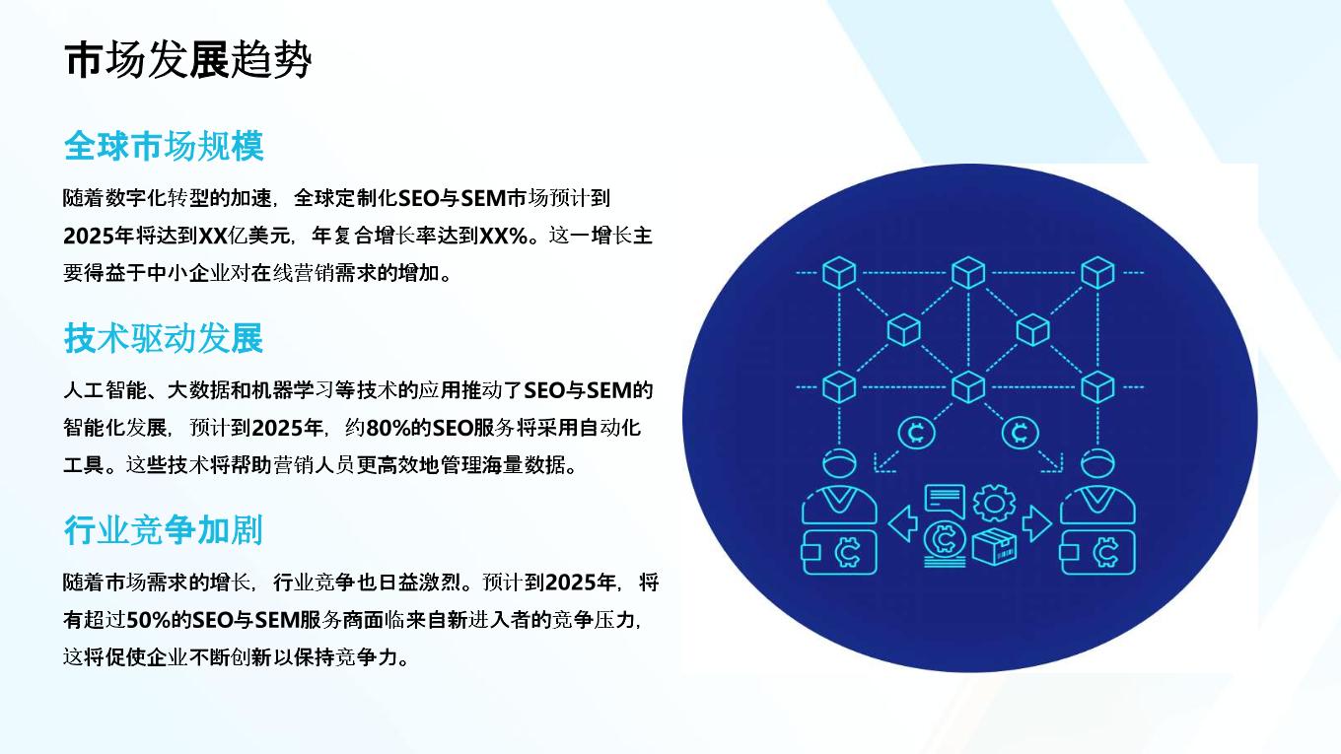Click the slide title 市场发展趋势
coord(188,60)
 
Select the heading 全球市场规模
coord(164,146)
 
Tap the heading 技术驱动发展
coord(164,338)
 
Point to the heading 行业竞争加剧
coord(164,530)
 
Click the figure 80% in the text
coord(388,428)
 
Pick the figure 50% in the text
coord(149,621)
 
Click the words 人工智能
coord(105,390)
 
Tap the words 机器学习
coord(293,390)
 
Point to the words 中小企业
coord(188,273)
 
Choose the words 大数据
coord(199,390)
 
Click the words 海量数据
coord(524,465)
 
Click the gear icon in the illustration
coord(994,503)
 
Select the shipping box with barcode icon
coord(994,547)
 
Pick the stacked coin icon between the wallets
coord(945,544)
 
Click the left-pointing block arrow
coord(903,523)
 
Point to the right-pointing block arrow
coord(1037,523)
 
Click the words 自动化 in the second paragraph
coord(610,428)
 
